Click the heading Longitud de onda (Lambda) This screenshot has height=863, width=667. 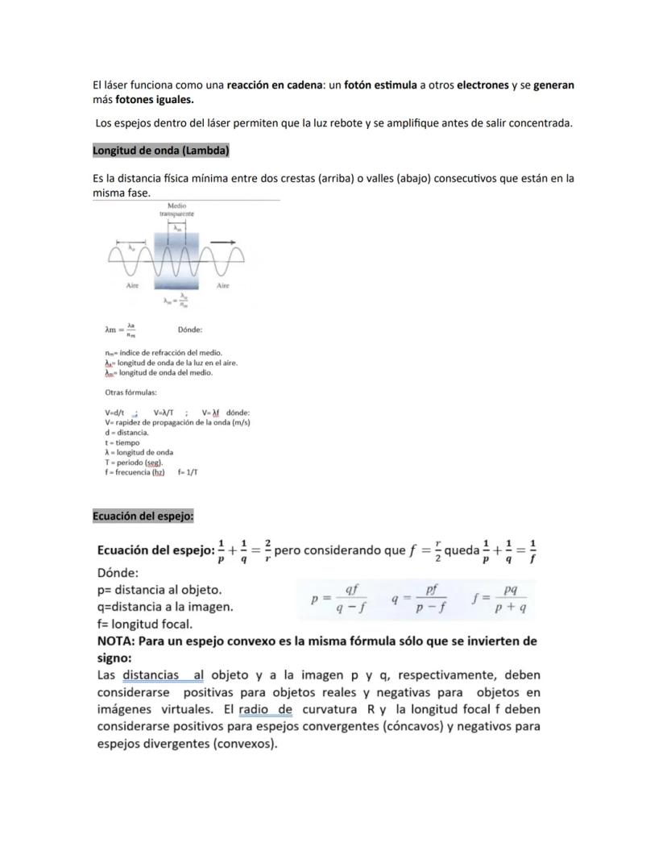click(161, 151)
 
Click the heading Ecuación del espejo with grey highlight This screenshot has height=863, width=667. click(143, 516)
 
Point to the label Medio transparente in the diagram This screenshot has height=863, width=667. click(177, 210)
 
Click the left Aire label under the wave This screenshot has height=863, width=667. click(133, 285)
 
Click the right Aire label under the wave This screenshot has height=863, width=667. click(223, 285)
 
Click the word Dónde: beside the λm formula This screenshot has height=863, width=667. click(190, 330)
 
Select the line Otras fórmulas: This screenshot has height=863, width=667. click(130, 392)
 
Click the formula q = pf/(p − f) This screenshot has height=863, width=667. click(420, 600)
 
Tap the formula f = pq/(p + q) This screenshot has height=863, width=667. click(500, 600)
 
